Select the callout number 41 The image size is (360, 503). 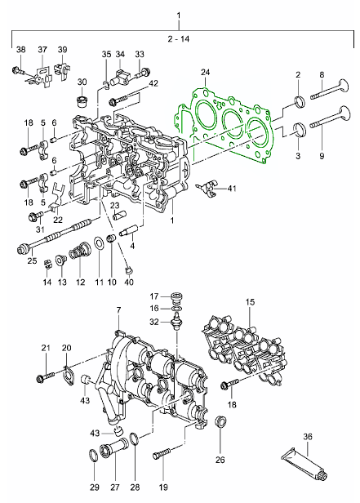[x=232, y=188]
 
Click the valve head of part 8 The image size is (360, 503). [x=342, y=87]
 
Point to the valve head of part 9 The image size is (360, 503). [x=344, y=115]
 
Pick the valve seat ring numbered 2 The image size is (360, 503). [x=300, y=101]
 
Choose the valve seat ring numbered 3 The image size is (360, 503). [x=300, y=130]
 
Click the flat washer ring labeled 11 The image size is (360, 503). [x=99, y=245]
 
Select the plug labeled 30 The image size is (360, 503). [x=82, y=101]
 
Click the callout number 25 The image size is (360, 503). [x=33, y=260]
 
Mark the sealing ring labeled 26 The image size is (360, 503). [x=220, y=421]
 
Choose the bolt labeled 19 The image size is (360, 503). [x=162, y=452]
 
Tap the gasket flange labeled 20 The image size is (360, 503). [x=68, y=377]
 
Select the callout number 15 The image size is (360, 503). [x=250, y=302]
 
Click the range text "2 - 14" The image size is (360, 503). [x=179, y=39]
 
